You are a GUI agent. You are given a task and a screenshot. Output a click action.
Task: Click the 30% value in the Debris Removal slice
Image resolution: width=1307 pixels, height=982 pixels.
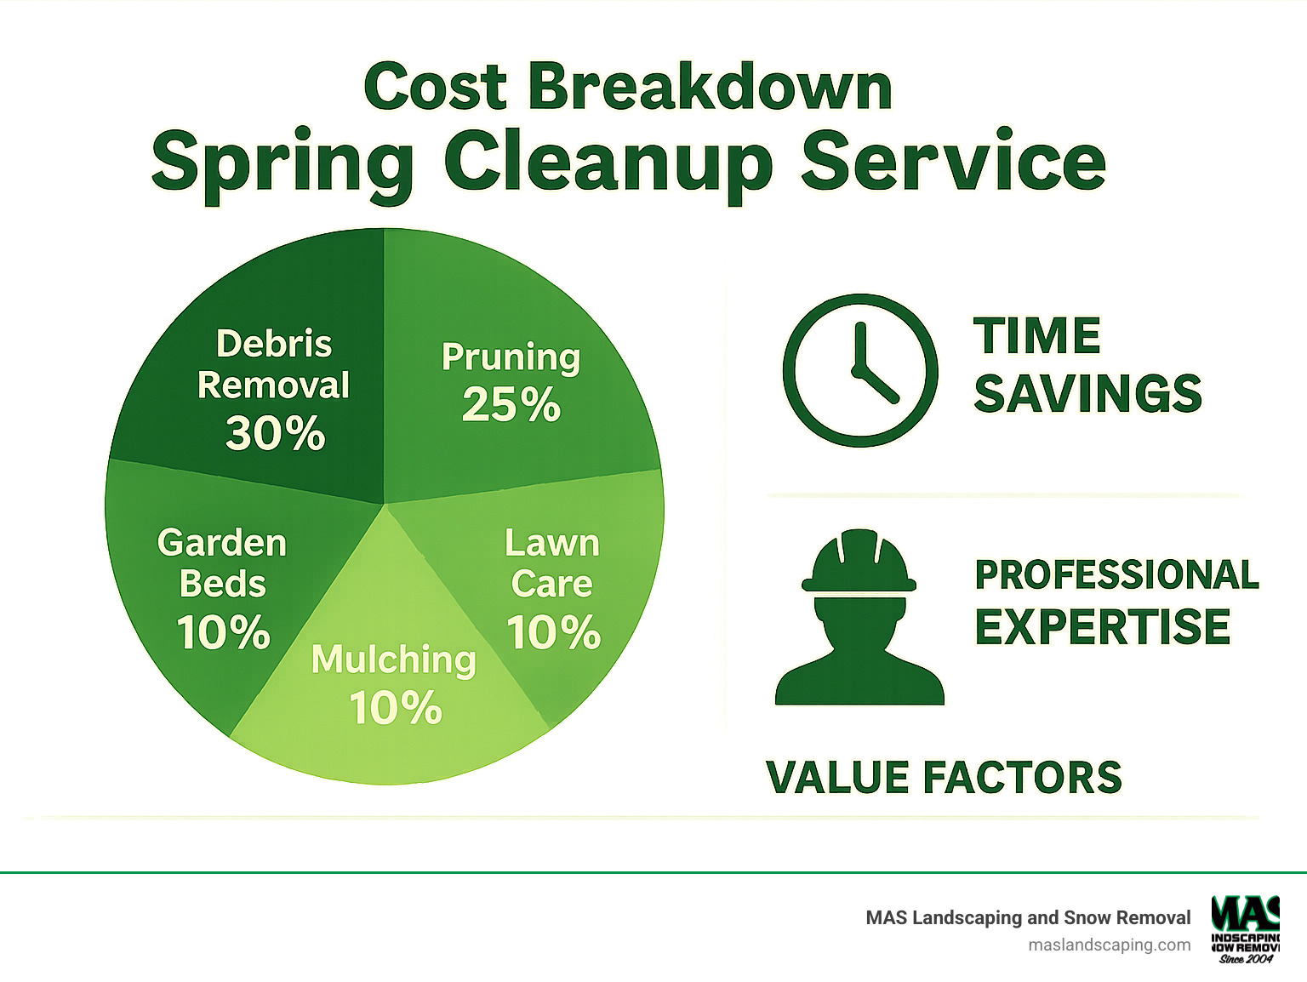click(x=275, y=433)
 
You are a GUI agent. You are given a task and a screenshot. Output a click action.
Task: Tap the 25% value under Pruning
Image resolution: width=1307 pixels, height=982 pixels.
click(x=511, y=404)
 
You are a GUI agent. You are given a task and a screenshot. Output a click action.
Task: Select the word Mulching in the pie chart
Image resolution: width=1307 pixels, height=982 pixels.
click(x=393, y=659)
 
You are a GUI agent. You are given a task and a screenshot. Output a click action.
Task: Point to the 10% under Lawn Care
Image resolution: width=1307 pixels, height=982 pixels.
click(x=554, y=632)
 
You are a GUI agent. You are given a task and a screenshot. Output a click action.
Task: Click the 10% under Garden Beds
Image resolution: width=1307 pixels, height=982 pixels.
click(x=223, y=632)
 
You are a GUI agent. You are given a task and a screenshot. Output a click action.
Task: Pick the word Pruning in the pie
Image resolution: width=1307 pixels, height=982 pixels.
click(x=511, y=357)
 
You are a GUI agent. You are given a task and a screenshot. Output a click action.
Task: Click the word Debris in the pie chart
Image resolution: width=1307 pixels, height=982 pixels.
click(x=274, y=344)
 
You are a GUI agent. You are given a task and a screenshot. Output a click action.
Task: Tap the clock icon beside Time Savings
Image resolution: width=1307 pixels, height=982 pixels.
click(x=860, y=370)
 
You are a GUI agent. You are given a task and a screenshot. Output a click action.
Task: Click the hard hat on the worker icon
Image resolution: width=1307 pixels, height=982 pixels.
click(x=859, y=562)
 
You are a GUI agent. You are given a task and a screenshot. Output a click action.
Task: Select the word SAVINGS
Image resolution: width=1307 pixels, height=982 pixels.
click(x=1087, y=393)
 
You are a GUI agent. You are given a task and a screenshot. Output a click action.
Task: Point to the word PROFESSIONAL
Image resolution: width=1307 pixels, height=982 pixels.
click(x=1116, y=574)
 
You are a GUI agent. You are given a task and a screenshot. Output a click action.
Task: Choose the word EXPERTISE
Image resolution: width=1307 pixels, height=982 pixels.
click(x=1103, y=627)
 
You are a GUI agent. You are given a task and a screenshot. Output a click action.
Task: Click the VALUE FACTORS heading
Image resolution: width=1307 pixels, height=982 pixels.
click(x=944, y=777)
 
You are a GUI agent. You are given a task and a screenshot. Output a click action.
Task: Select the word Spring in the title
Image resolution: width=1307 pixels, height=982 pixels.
click(x=282, y=162)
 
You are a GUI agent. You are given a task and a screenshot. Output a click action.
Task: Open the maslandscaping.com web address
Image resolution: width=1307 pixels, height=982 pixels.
click(x=1110, y=945)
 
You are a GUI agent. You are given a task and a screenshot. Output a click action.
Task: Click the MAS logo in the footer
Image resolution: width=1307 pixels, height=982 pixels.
click(x=1246, y=928)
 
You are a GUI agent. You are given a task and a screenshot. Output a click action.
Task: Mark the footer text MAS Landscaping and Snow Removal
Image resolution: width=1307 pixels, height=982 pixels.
click(x=1028, y=917)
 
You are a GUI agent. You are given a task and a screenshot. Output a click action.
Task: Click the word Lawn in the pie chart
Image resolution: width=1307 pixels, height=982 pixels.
click(x=552, y=543)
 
